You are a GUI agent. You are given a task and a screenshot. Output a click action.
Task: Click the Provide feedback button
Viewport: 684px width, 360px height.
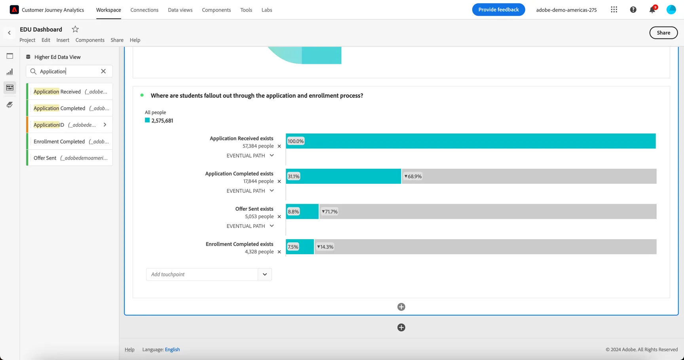coord(498,10)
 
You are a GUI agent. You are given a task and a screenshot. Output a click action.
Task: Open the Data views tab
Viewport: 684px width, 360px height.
coord(180,10)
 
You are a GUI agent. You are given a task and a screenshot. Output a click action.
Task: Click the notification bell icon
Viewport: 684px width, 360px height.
coord(652,10)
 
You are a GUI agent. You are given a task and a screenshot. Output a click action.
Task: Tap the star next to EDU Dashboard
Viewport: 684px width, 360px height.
coord(75,29)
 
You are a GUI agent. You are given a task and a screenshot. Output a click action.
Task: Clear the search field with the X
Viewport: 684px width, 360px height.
coord(103,71)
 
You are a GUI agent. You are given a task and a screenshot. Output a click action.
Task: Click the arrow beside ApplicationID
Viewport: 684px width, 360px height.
coord(105,125)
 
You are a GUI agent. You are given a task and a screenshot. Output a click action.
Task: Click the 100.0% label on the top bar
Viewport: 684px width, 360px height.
coord(296,141)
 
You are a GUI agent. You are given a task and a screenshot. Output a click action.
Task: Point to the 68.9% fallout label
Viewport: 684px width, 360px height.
coord(413,176)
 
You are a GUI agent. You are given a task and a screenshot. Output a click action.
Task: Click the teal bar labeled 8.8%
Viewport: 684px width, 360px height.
coord(302,211)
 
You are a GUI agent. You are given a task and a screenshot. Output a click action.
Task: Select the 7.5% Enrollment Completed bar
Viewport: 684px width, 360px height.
coord(300,247)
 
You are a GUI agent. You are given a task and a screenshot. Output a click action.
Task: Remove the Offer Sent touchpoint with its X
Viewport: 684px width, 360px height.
coord(279,217)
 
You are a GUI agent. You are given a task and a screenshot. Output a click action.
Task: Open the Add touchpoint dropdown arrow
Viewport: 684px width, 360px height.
coord(265,274)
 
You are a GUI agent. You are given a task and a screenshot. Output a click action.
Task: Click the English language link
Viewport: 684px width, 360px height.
coord(172,349)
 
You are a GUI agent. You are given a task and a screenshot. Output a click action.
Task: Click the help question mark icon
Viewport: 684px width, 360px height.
coord(633,10)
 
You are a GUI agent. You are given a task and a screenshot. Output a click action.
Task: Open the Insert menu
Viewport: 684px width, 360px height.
coord(63,40)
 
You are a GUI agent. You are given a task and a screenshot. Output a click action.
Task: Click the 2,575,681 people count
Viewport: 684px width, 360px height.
coord(162,120)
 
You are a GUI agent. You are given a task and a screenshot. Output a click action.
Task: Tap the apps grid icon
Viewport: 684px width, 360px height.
coord(614,10)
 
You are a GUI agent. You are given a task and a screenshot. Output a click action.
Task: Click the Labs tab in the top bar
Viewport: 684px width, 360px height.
coord(267,10)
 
